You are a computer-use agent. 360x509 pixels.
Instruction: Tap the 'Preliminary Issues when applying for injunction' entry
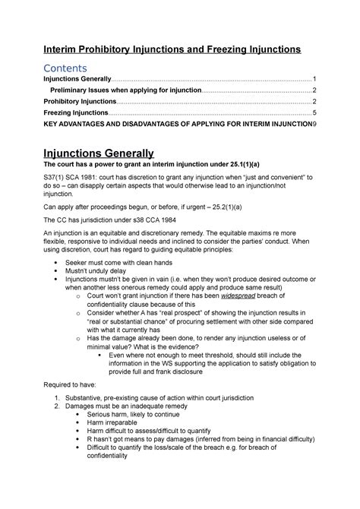click(x=125, y=90)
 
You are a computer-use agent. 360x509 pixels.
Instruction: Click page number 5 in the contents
click(x=314, y=112)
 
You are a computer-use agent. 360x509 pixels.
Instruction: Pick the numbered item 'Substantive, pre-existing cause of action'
click(x=143, y=399)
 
